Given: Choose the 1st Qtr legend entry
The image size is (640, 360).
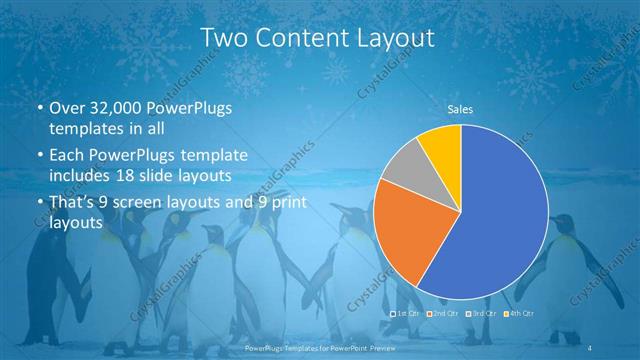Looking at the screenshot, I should [405, 314].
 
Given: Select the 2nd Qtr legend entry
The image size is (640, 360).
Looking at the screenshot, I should [441, 314].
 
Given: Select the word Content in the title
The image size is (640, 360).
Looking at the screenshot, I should [306, 38].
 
